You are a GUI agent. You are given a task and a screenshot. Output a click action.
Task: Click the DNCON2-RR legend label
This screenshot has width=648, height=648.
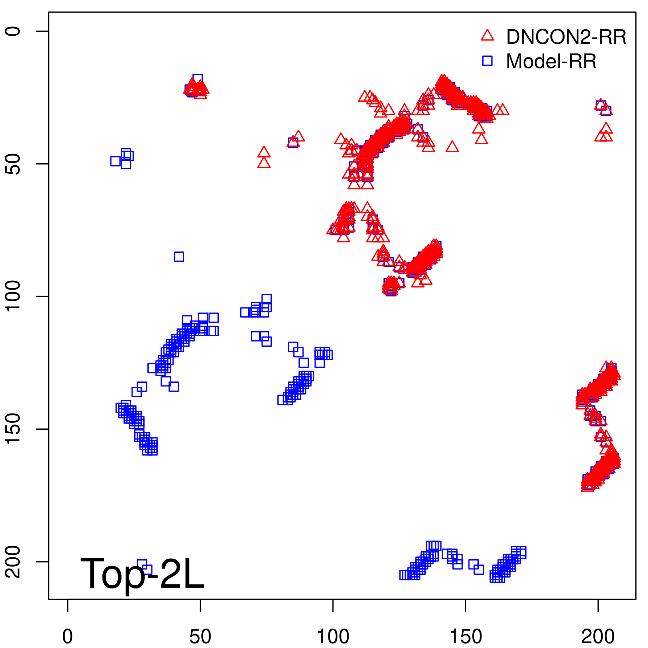566,37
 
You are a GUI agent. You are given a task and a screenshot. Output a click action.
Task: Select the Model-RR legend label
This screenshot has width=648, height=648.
551,61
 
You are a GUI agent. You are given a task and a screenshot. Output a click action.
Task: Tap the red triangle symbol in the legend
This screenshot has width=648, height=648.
488,36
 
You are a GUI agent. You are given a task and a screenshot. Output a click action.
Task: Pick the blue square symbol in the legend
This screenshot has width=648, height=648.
488,61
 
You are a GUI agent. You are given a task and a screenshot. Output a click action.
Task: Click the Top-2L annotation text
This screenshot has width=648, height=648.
142,573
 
